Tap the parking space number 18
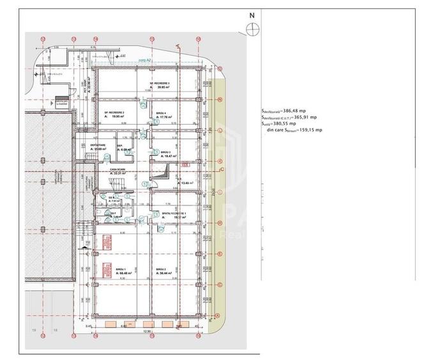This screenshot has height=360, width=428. tap(56, 331)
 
